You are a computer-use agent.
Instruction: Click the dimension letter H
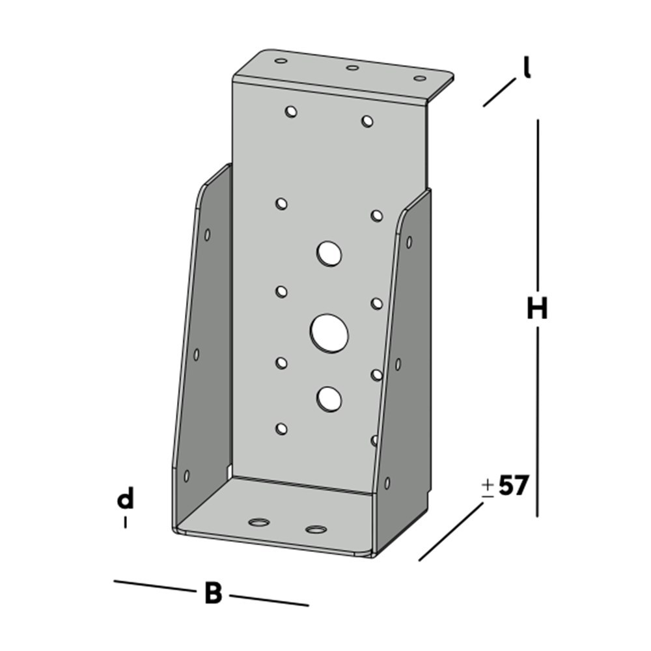coord(536,309)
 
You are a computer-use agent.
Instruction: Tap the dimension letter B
coord(213,594)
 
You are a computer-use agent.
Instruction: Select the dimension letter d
coord(125,499)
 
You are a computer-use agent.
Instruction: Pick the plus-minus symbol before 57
coord(487,488)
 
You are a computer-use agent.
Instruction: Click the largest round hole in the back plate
coord(329,331)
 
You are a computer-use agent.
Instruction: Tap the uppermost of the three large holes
coord(329,253)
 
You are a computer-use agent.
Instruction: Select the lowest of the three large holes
coord(329,398)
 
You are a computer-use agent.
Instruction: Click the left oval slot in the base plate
coord(259,522)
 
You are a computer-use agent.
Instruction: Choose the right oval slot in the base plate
coord(316,529)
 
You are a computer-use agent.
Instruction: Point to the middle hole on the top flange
coord(352,68)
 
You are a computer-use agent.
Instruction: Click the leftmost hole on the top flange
coord(281,61)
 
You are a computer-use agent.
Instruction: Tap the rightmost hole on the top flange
coord(420,79)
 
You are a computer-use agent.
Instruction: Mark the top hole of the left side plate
coord(208,234)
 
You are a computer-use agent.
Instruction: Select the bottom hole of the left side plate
coord(187,475)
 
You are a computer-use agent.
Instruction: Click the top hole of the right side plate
coord(409,242)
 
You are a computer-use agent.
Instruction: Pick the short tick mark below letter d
coord(125,521)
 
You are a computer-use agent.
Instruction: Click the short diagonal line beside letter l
coord(499,92)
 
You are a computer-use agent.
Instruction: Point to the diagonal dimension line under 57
coord(450,532)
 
